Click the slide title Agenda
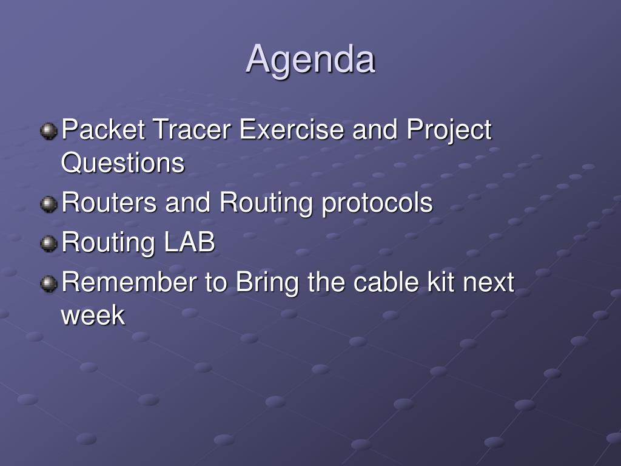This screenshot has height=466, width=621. coord(310,59)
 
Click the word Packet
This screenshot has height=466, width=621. coord(103,129)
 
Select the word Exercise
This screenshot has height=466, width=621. coord(292,129)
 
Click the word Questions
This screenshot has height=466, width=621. coord(123,163)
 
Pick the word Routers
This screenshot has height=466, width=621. coord(109,202)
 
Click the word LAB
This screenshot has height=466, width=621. coord(189,241)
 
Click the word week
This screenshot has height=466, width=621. coord(93,315)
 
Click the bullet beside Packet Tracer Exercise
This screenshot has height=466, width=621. coord(49,131)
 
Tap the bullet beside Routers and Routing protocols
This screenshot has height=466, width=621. coord(49,204)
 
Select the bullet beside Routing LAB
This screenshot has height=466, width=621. coord(49,244)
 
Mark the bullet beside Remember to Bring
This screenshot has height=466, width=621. coord(49,284)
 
